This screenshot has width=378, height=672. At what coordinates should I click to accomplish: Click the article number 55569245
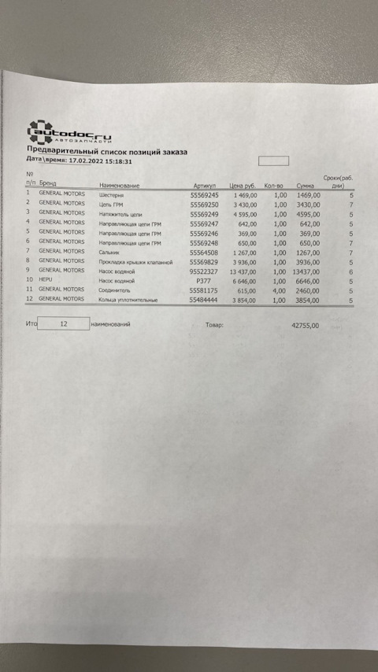[205, 194]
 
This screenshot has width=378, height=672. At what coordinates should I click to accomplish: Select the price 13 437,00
[243, 270]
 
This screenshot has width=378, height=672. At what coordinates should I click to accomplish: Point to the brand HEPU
[46, 279]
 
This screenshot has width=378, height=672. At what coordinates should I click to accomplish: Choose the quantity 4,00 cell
[280, 290]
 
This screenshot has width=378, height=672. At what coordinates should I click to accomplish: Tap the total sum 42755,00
[305, 324]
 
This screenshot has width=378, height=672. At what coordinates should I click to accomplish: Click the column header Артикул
[204, 186]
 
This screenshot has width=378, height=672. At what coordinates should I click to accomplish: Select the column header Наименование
[119, 186]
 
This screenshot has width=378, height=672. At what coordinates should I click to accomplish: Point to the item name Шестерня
[111, 194]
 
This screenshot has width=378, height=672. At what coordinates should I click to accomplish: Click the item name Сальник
[109, 252]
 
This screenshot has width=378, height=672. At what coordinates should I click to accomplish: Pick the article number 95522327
[205, 270]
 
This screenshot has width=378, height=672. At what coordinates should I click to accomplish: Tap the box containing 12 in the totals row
[63, 323]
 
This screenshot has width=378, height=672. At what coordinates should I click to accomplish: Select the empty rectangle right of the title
[273, 161]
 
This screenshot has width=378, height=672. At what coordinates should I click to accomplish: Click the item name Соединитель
[114, 290]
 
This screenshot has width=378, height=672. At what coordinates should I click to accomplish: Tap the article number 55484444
[205, 300]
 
